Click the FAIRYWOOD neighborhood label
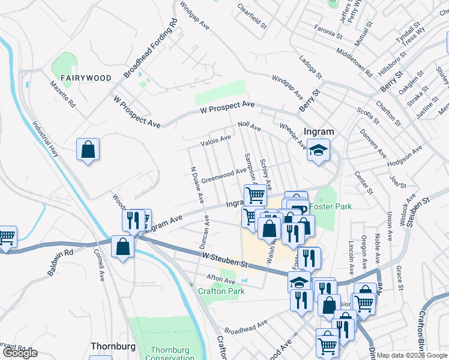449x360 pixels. pyautogui.click(x=86, y=78)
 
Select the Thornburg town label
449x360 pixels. pyautogui.click(x=110, y=346)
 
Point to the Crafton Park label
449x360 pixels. pyautogui.click(x=221, y=291)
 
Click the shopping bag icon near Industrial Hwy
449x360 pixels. pyautogui.click(x=88, y=150)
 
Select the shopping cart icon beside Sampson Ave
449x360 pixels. pyautogui.click(x=256, y=195)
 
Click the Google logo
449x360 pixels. pyautogui.click(x=20, y=353)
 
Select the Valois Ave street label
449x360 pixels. pyautogui.click(x=215, y=141)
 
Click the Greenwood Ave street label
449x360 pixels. pyautogui.click(x=223, y=176)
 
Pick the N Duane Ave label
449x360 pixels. pyautogui.click(x=196, y=182)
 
